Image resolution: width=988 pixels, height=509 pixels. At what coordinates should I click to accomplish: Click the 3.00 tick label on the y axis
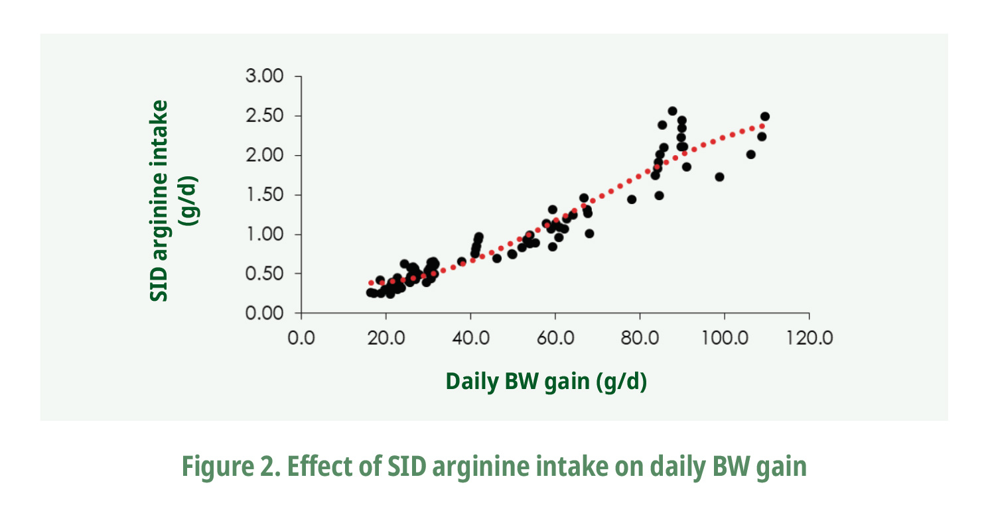tap(264, 77)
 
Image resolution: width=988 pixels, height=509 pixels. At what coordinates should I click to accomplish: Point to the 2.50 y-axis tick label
tap(264, 117)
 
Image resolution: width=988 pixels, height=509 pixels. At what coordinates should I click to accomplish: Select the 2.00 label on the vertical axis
tap(264, 156)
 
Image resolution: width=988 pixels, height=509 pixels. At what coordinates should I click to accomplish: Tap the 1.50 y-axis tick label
tap(264, 196)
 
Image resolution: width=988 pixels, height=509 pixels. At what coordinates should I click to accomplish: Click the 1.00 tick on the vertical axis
tap(264, 235)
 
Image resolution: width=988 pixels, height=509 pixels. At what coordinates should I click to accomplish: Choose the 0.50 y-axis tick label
tap(264, 274)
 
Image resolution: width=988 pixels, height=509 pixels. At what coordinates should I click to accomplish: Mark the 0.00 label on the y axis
tap(264, 313)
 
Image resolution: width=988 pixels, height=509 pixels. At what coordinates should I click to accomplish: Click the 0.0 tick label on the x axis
tap(301, 338)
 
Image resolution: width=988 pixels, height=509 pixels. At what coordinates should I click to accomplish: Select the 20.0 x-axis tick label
tap(386, 338)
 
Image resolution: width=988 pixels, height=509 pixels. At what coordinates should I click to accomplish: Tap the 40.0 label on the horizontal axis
tap(470, 338)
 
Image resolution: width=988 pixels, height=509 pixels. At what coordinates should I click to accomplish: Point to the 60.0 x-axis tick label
tap(555, 338)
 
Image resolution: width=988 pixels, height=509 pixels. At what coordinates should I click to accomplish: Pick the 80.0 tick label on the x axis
tap(640, 338)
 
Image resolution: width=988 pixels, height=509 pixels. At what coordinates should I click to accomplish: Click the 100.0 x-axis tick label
tap(724, 338)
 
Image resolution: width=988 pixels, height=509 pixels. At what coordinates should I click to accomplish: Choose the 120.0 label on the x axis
tap(808, 338)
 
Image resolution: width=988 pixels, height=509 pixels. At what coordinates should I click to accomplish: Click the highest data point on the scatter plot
tap(672, 111)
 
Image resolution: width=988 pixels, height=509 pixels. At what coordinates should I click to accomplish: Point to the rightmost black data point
tap(764, 117)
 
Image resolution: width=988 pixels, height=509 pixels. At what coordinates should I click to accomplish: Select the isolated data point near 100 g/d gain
tap(719, 177)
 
